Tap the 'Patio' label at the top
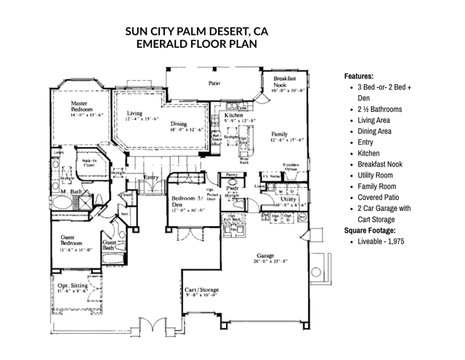[214, 84]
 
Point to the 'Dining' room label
[180, 124]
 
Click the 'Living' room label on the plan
[135, 113]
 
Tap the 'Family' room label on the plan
[279, 135]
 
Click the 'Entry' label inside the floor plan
[151, 177]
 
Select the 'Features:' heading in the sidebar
[359, 76]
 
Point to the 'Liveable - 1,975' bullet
[381, 241]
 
